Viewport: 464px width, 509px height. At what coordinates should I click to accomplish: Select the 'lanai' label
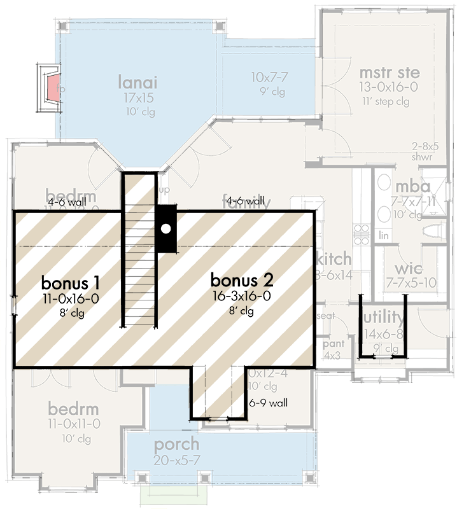137,82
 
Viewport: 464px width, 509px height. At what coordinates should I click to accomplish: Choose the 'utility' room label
383,317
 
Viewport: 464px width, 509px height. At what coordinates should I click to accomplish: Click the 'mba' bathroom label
412,186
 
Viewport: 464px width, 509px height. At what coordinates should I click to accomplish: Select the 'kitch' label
333,258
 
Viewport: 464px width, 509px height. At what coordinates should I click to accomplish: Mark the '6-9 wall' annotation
269,402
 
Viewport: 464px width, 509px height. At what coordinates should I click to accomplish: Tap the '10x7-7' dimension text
269,77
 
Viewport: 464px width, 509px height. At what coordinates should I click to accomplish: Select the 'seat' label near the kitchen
326,316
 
